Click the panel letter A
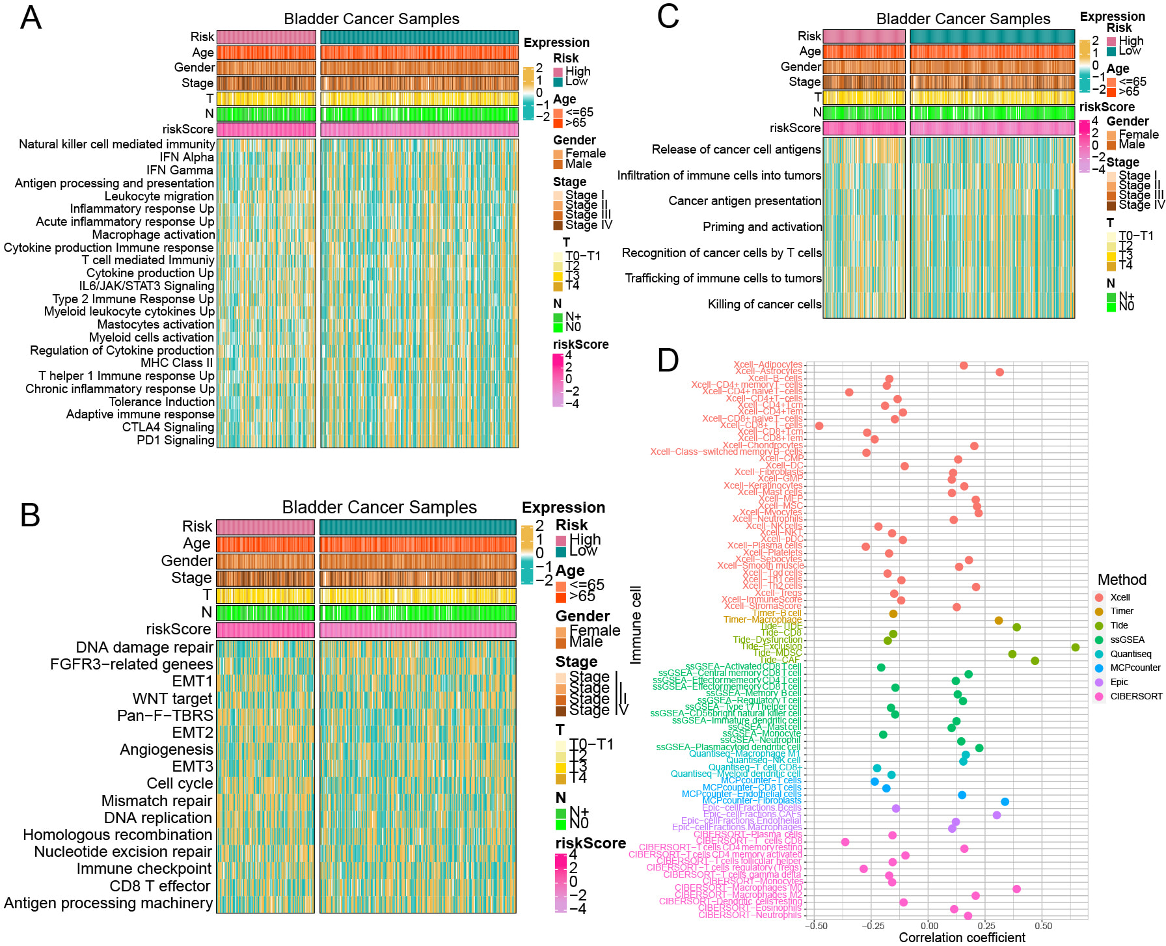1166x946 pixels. coord(31,18)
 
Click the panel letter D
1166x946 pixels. coord(668,360)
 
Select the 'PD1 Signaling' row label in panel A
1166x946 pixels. coord(175,440)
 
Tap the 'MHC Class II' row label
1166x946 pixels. coord(177,363)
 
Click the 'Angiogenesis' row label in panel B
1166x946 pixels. coord(167,750)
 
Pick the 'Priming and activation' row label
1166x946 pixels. coord(762,227)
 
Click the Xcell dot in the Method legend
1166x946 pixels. coord(1099,597)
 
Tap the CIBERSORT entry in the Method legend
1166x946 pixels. coord(1135,696)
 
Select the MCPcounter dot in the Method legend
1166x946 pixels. coord(1099,668)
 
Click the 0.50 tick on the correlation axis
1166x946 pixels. coord(1043,926)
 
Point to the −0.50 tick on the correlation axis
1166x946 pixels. coord(816,926)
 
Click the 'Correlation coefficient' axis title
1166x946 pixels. coord(962,938)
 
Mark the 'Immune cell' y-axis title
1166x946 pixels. coord(636,625)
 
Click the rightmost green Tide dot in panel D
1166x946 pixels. coord(1076,647)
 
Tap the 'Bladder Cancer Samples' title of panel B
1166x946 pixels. coord(379,507)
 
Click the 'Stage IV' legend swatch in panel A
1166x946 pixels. coord(558,226)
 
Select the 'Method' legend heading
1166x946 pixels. coord(1122,580)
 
